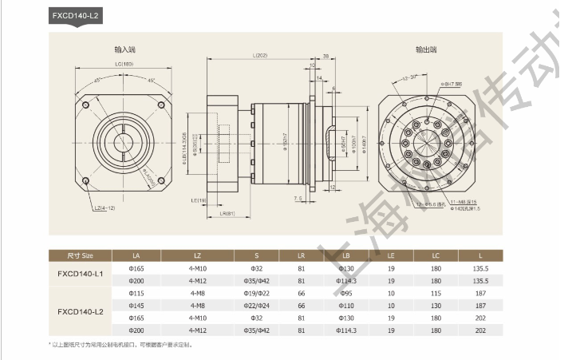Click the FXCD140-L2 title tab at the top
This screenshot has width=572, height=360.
coord(76,15)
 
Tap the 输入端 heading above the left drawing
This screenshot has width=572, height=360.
coord(126,49)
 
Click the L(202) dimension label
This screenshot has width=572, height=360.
coord(259,55)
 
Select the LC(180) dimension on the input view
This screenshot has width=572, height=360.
coord(124,64)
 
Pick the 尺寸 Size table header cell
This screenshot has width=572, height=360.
coord(81,255)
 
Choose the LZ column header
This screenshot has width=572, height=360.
coord(197,255)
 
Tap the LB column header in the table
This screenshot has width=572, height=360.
coord(345,255)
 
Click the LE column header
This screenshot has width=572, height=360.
coord(391,255)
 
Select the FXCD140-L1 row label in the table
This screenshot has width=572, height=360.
coord(81,275)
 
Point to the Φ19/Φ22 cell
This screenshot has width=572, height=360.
coord(256,293)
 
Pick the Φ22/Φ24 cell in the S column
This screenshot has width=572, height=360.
coord(256,305)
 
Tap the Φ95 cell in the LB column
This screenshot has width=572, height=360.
coord(345,293)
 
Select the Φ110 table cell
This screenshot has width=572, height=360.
coord(345,305)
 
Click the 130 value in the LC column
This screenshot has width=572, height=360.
coord(436,305)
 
